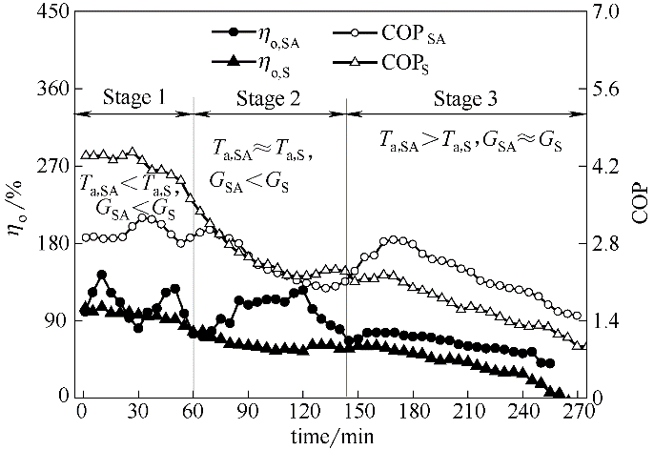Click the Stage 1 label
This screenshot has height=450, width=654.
click(x=134, y=97)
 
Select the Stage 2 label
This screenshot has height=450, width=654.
click(x=269, y=97)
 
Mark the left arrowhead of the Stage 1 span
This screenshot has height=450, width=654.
click(x=79, y=113)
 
